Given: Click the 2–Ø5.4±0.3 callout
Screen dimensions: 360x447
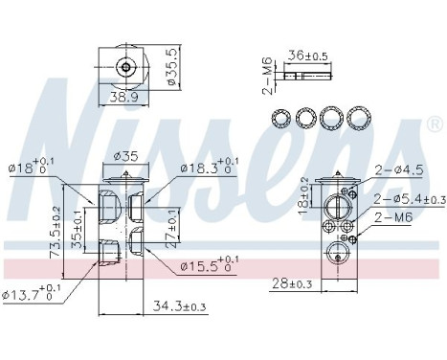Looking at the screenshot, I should (408, 199).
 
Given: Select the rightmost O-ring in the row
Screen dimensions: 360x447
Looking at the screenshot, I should (359, 118).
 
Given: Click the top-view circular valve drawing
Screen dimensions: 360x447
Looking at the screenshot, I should (125, 67).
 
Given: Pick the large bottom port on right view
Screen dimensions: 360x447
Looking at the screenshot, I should (339, 254).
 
